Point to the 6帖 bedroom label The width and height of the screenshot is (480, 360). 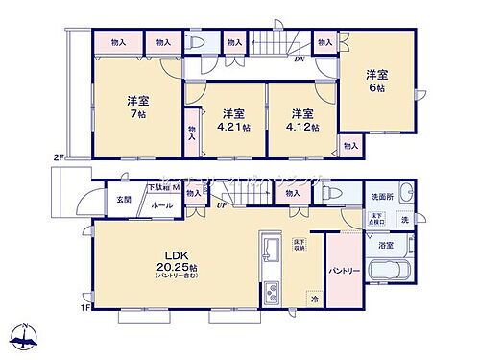click(375, 81)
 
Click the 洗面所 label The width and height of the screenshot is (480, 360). click(384, 197)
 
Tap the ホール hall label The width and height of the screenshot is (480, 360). click(159, 205)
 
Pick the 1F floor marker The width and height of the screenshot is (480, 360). click(84, 308)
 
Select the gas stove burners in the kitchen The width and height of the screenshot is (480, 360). click(270, 289)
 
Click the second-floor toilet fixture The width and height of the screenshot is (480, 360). click(196, 42)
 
